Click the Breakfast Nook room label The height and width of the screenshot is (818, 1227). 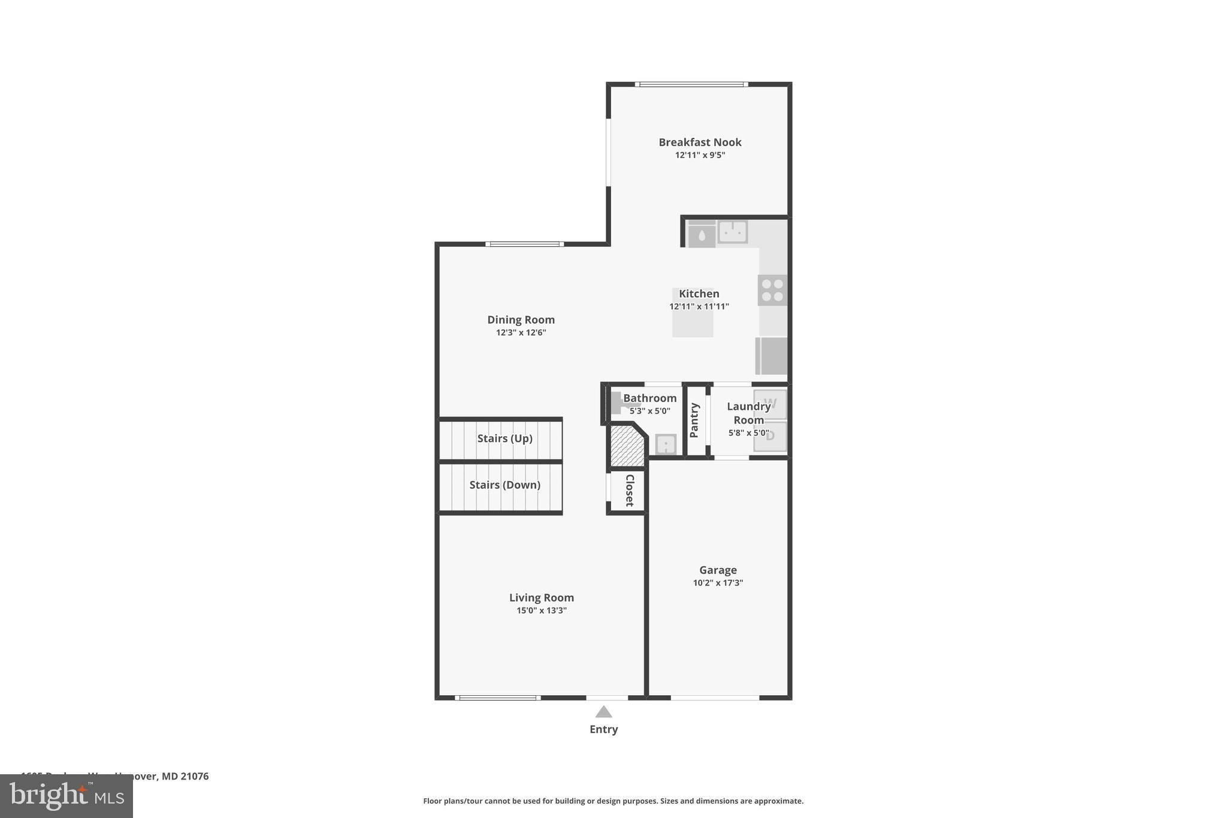(700, 142)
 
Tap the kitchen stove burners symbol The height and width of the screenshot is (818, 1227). (772, 291)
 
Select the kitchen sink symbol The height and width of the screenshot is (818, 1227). (732, 231)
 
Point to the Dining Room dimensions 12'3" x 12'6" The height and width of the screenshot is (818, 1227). (521, 333)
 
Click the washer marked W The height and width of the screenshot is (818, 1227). (770, 404)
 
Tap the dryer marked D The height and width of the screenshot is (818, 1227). (770, 436)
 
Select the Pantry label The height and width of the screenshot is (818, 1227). (694, 420)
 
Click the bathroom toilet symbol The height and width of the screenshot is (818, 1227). (616, 403)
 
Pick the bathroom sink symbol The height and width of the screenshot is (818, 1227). (666, 445)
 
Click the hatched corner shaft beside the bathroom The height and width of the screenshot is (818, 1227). (627, 446)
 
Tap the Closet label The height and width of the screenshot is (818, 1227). (630, 490)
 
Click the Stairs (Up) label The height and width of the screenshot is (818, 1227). (504, 439)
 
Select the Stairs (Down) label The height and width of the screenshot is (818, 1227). (504, 485)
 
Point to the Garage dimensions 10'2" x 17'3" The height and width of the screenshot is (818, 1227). (718, 583)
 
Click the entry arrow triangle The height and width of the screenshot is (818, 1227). (603, 712)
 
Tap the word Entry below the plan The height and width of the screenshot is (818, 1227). (603, 729)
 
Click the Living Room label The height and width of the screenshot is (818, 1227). (541, 597)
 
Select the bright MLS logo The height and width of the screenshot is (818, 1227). (67, 796)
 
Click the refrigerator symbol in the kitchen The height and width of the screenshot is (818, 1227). (772, 356)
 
